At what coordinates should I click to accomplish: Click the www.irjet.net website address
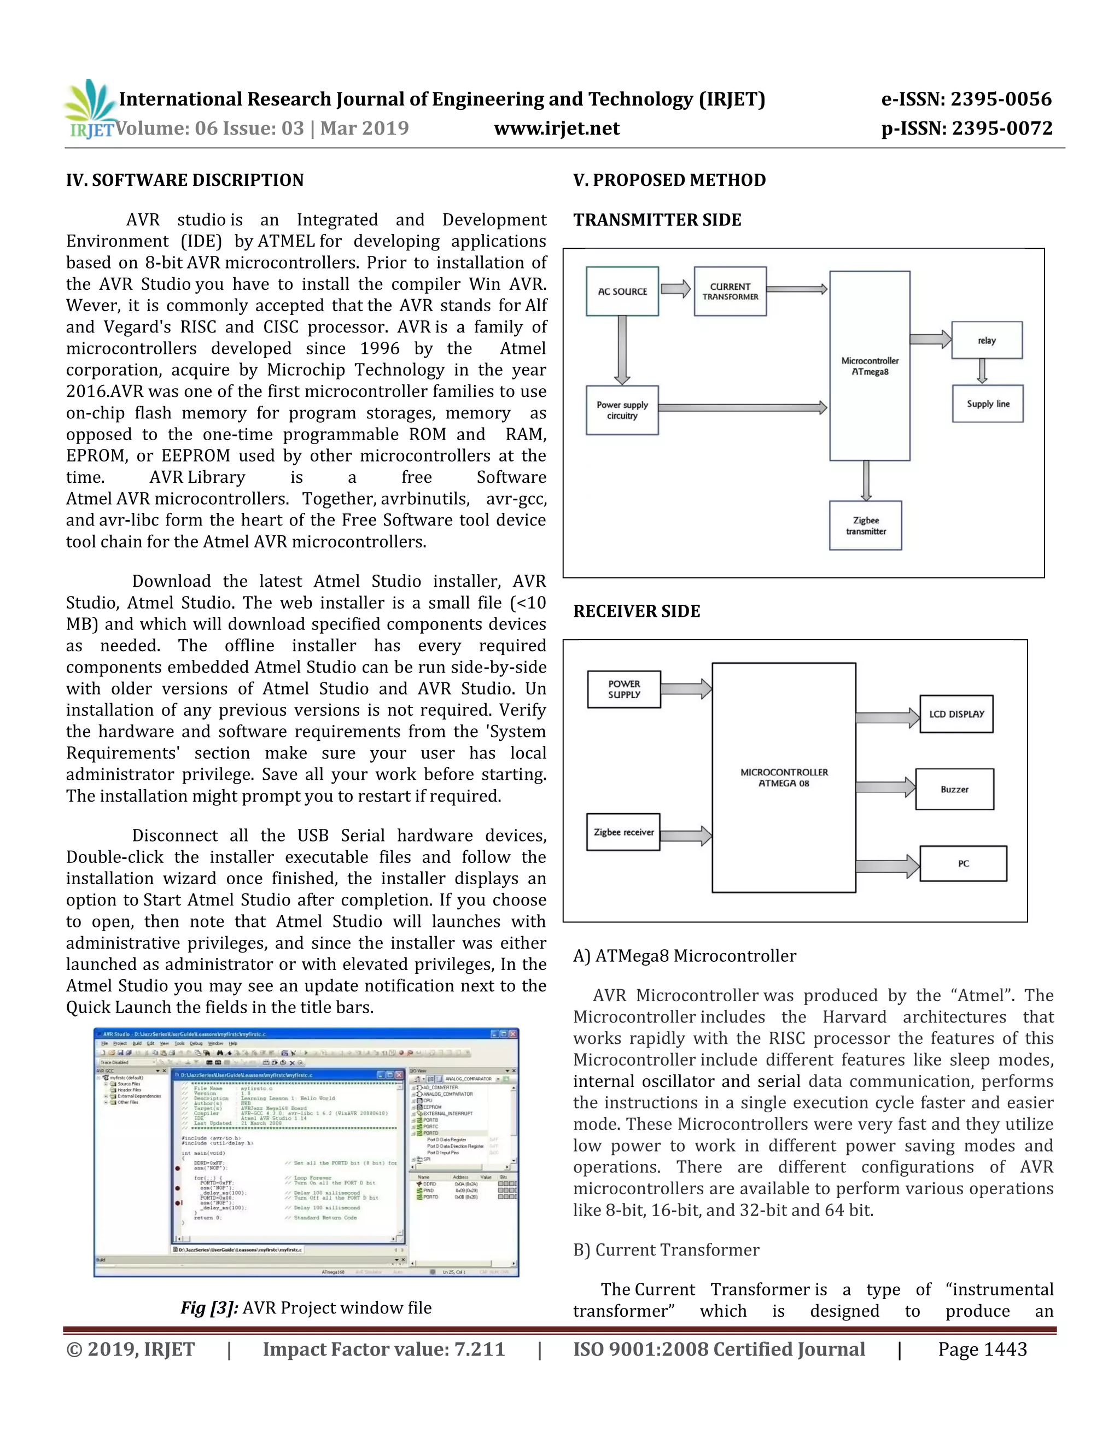[x=557, y=128]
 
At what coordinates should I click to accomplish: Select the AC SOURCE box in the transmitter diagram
[x=622, y=291]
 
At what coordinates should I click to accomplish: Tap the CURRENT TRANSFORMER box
[x=730, y=291]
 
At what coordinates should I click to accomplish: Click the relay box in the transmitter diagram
[x=987, y=340]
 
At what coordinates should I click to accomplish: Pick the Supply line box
[x=987, y=404]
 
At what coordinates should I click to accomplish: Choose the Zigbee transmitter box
[x=865, y=525]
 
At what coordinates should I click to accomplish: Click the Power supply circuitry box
[x=622, y=410]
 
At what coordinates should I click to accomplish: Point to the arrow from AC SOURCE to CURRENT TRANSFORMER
[x=676, y=289]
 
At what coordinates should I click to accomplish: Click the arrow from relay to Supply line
[x=982, y=371]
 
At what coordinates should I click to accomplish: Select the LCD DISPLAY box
[x=956, y=714]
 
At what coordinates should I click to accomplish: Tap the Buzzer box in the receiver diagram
[x=954, y=789]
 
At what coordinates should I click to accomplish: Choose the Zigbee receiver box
[x=623, y=832]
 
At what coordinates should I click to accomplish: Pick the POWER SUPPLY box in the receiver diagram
[x=623, y=690]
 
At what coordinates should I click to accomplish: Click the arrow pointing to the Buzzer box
[x=885, y=787]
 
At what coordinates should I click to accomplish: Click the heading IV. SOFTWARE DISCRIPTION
[x=184, y=180]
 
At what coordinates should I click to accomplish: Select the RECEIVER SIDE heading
[x=637, y=611]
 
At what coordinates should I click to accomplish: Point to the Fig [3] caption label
[x=209, y=1308]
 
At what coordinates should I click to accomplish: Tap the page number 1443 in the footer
[x=982, y=1349]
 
